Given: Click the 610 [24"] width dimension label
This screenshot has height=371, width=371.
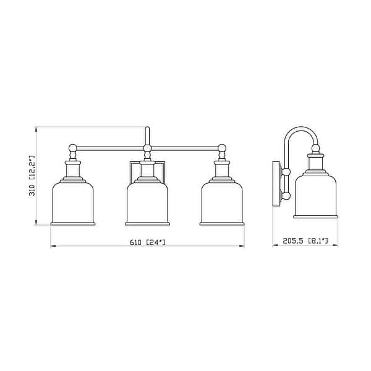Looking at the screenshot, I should pos(147,242).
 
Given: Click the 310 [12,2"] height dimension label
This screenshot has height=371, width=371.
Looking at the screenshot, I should pos(31,176).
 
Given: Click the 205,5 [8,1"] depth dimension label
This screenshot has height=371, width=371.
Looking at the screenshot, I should pos(305,242).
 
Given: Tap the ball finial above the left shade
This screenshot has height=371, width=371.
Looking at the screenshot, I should pos(72,148).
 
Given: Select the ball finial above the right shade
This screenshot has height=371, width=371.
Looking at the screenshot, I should pos(222,148).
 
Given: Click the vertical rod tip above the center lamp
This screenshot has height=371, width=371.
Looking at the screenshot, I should pos(147,130).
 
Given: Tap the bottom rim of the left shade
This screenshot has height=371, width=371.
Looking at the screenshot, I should pos(72,223).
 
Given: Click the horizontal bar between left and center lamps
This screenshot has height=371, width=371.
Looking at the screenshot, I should pos(109,148).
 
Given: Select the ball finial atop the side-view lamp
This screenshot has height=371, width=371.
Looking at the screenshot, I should pos(316,148).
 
